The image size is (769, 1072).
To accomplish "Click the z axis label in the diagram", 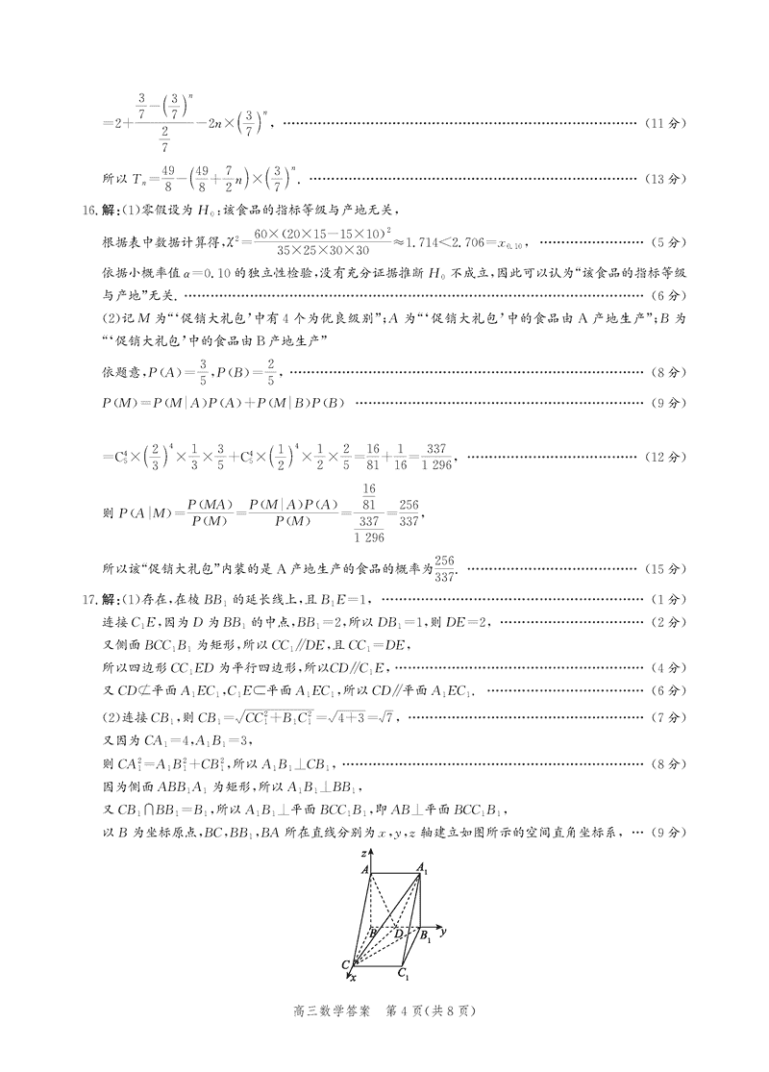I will tap(355, 853).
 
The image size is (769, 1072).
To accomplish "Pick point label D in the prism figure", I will tap(398, 931).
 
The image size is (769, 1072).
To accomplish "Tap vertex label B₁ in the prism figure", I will tap(424, 933).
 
